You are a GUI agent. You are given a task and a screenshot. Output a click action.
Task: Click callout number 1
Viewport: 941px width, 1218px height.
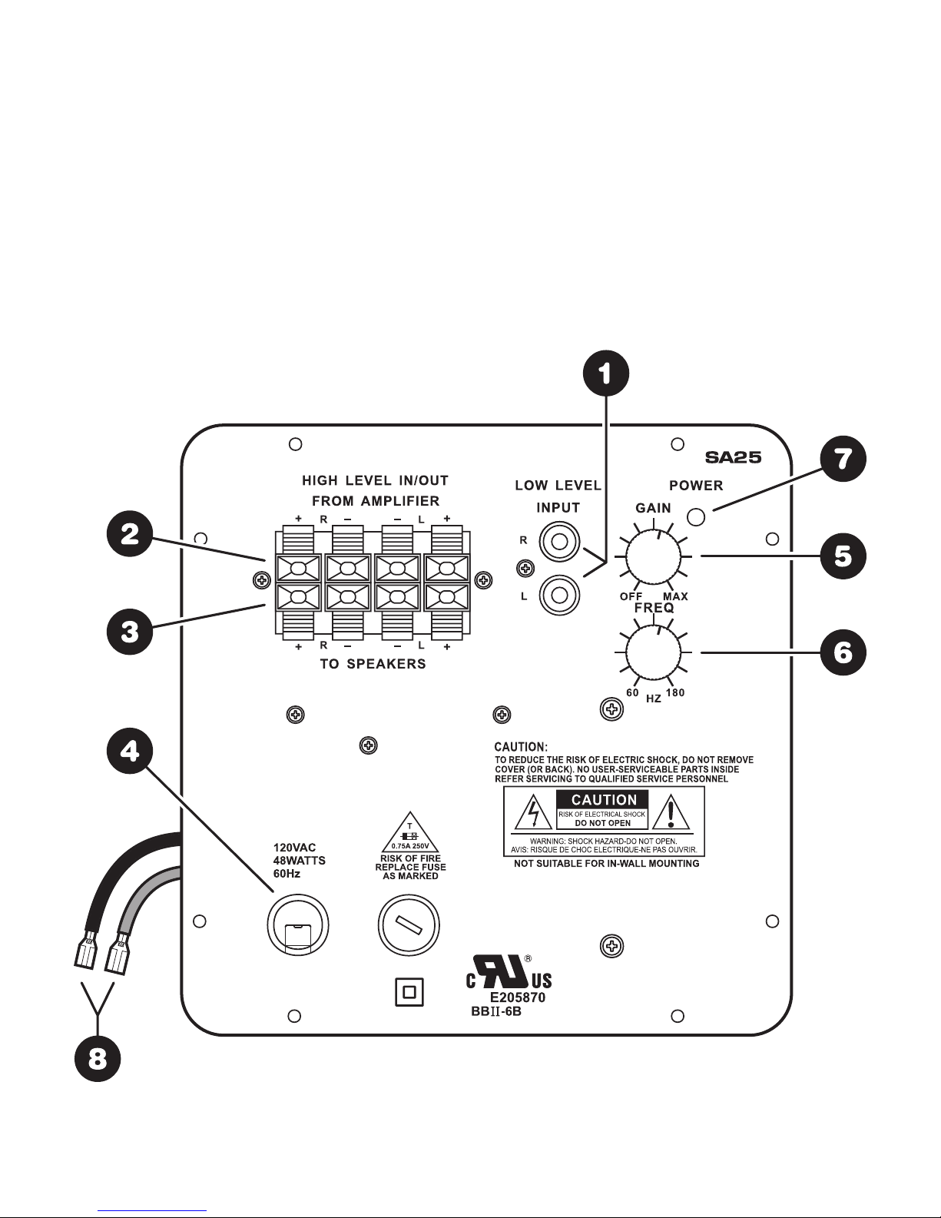coord(606,373)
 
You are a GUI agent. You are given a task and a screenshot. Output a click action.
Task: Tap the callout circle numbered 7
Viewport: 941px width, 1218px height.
coord(843,459)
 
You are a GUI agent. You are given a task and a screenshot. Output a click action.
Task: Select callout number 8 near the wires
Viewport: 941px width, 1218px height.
coord(98,1059)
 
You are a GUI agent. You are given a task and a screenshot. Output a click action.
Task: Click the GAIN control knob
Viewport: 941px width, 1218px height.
coord(653,556)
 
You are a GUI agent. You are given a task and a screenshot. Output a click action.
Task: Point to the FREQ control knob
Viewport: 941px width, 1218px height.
coord(653,653)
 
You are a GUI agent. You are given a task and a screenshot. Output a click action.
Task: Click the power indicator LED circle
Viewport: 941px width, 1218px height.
coord(696,517)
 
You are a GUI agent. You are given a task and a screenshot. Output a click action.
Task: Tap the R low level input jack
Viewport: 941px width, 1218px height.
coord(559,542)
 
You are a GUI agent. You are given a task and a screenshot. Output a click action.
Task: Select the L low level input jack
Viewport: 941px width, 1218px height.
coord(559,596)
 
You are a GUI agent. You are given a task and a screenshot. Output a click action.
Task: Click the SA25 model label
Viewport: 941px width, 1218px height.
coord(733,458)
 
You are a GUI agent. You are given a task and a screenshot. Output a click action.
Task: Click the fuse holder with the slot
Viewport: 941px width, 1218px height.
coord(409,925)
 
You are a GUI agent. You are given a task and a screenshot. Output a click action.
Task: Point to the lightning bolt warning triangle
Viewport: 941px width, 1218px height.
coord(533,812)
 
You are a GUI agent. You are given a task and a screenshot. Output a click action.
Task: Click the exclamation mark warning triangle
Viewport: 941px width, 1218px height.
coord(671,812)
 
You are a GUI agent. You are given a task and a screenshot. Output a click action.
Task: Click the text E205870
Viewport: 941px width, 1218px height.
coord(518,998)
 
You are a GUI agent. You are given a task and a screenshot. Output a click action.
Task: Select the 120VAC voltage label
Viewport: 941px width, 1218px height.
coord(295,848)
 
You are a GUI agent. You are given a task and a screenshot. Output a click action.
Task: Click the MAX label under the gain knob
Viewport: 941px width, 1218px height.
coord(675,596)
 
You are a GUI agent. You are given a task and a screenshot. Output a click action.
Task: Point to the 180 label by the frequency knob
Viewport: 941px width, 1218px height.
coord(675,693)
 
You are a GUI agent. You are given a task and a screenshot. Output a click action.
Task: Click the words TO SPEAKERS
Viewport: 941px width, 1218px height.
coord(373,664)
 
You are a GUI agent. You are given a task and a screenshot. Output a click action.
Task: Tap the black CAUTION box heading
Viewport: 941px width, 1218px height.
coord(604,800)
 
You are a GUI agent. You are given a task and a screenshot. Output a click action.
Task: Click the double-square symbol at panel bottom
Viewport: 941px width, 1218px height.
coord(409,992)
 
